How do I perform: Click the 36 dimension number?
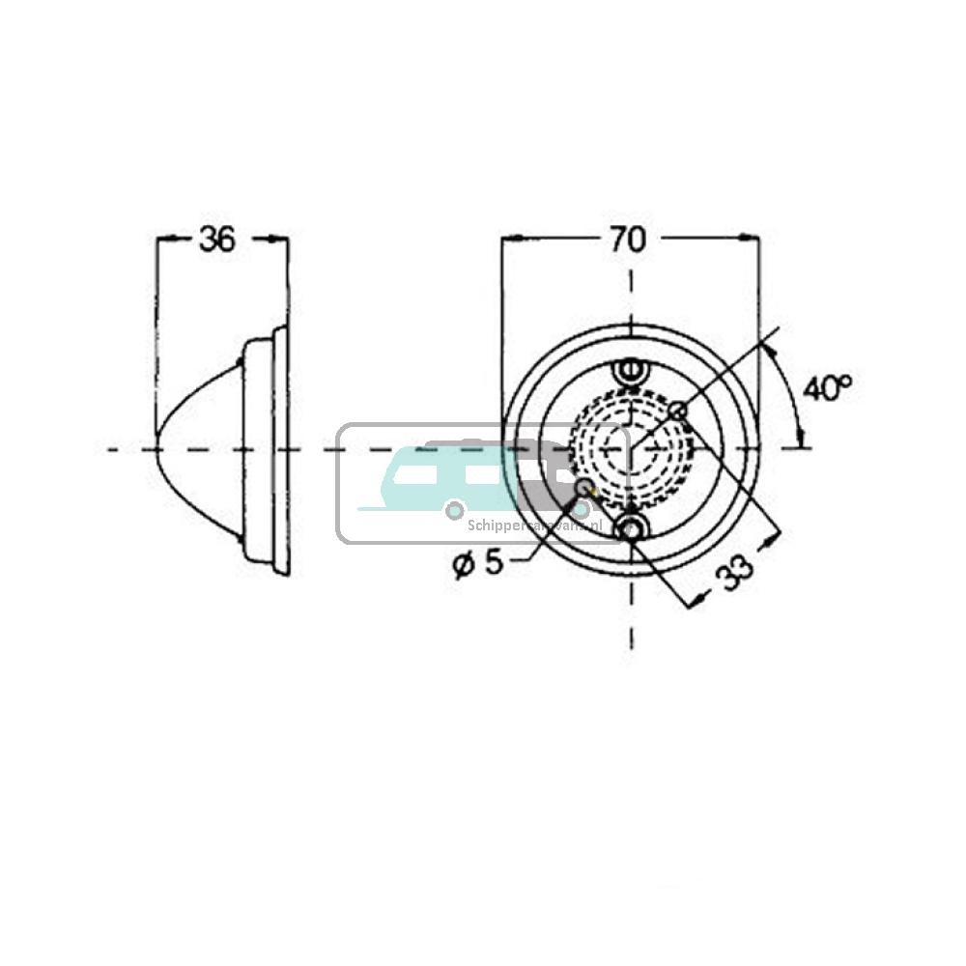click(x=216, y=240)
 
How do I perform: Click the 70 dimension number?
click(x=628, y=240)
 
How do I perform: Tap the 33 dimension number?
click(x=736, y=577)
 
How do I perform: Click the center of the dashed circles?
click(x=631, y=449)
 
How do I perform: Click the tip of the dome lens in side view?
click(x=157, y=449)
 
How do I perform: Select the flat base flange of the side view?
click(x=281, y=449)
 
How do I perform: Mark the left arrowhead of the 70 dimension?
click(x=506, y=238)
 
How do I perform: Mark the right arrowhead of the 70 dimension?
click(x=753, y=238)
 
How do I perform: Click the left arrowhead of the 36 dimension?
click(x=161, y=238)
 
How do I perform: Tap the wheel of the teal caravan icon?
click(x=453, y=509)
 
